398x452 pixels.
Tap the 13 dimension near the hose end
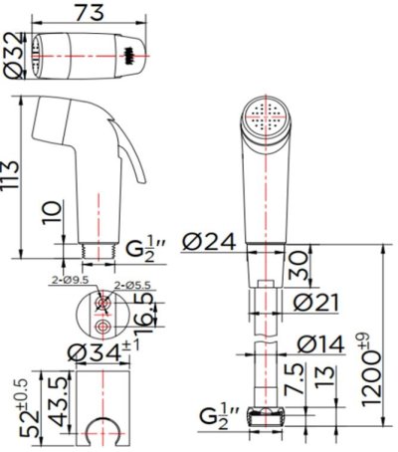click(324, 378)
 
